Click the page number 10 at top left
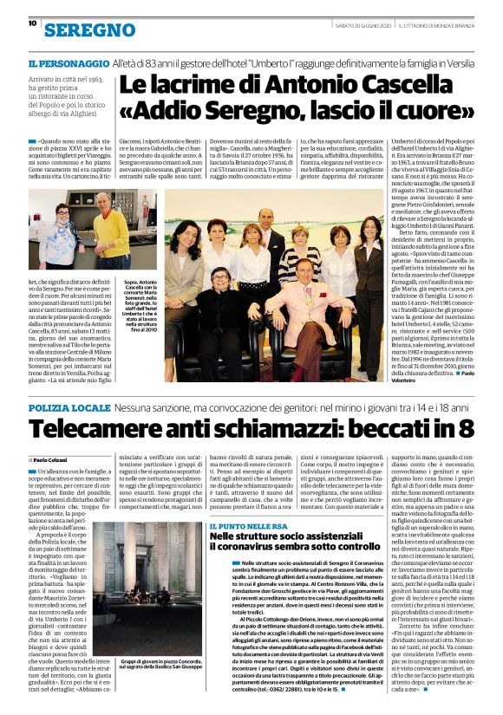pyautogui.click(x=32, y=23)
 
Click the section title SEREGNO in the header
pyautogui.click(x=82, y=30)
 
